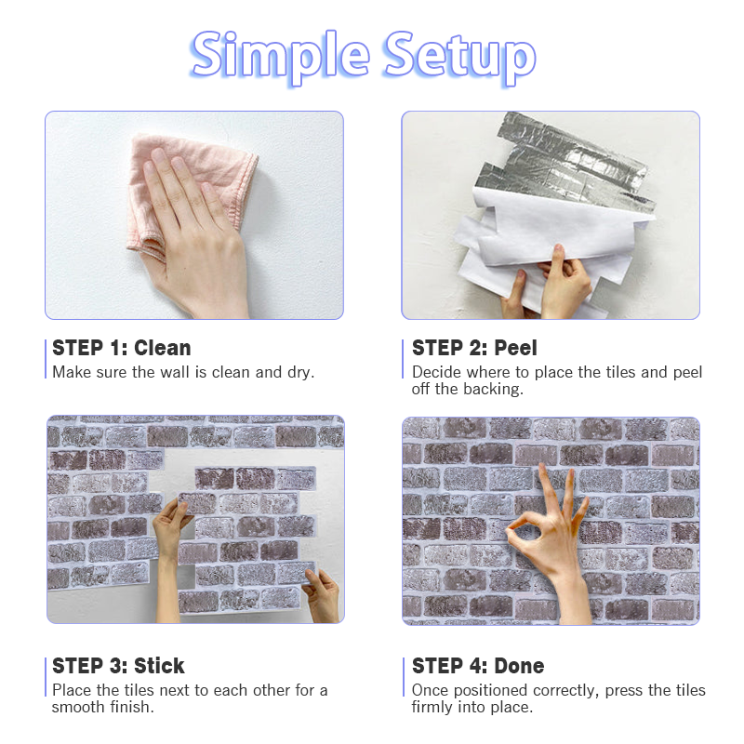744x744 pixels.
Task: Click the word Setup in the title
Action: [x=459, y=57]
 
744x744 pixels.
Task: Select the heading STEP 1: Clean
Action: [x=122, y=348]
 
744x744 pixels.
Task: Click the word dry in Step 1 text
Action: [x=300, y=373]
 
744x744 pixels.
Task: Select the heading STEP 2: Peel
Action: [x=474, y=348]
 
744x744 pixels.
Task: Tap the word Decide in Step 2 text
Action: [x=436, y=373]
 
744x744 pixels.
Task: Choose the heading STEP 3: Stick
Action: [x=118, y=666]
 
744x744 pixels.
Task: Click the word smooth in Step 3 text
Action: [x=78, y=707]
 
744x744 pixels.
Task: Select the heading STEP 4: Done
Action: [x=478, y=666]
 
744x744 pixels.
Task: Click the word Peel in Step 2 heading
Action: [x=516, y=348]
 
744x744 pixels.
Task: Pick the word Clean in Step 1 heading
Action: [x=162, y=348]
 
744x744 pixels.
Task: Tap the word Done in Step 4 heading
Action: [x=519, y=666]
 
